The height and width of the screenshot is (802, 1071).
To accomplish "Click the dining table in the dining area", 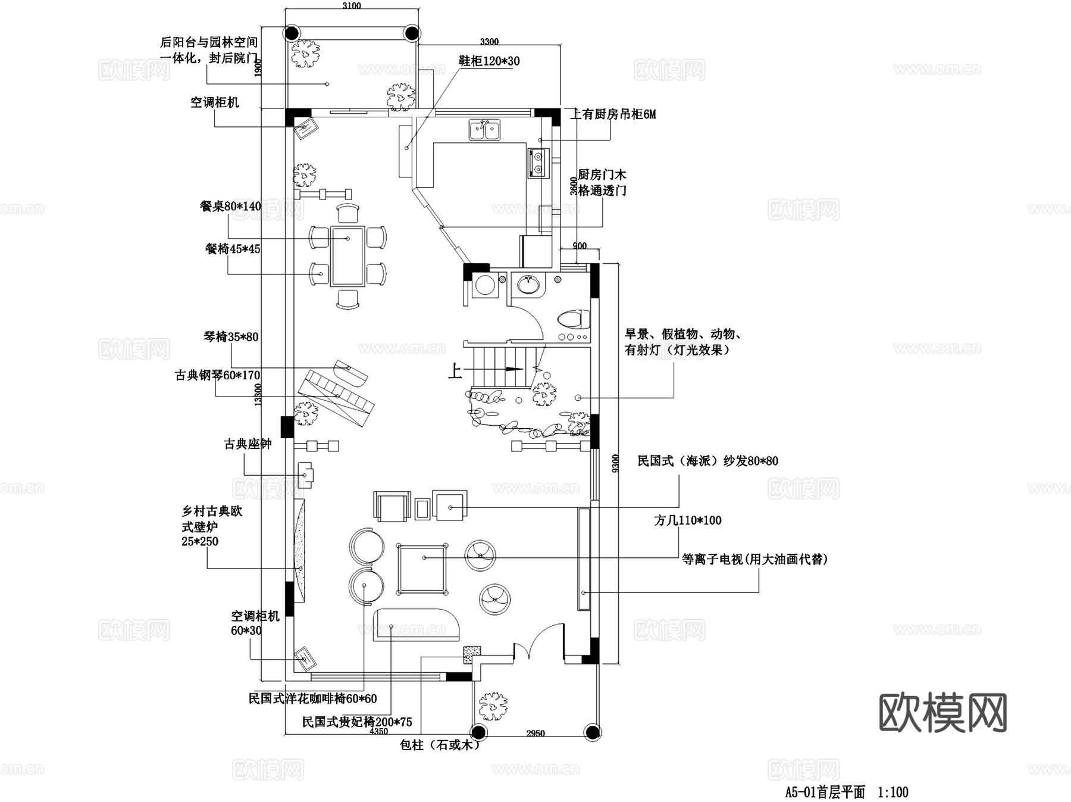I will click(x=348, y=255).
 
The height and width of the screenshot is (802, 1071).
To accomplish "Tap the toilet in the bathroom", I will click(x=574, y=319).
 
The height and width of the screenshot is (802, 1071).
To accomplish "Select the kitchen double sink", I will click(x=484, y=130).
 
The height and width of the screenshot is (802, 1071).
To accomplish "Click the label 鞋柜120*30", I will click(x=488, y=61).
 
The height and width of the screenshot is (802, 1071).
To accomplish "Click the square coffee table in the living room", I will click(x=422, y=568).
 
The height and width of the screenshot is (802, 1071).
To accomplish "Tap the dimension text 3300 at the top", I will click(x=489, y=42).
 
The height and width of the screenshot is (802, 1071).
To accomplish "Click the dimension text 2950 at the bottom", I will click(x=535, y=733).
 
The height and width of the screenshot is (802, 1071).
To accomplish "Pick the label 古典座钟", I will click(x=248, y=444).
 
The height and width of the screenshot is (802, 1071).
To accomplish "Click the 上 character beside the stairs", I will click(x=455, y=372).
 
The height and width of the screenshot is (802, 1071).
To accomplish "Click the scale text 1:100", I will click(x=893, y=792).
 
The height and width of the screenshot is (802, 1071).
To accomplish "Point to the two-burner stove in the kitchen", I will click(x=537, y=163).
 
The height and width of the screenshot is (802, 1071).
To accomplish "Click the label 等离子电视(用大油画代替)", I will click(x=754, y=559).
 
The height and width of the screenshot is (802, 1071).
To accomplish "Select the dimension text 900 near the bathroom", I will click(x=579, y=246).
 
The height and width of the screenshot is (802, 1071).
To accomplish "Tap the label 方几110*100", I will click(x=687, y=520).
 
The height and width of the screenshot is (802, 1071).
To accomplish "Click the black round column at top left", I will click(x=292, y=33).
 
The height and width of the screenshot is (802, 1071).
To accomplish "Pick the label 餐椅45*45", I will click(x=233, y=249).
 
